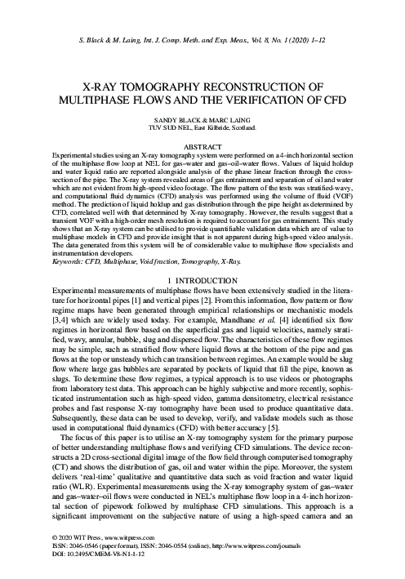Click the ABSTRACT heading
(202, 145)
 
